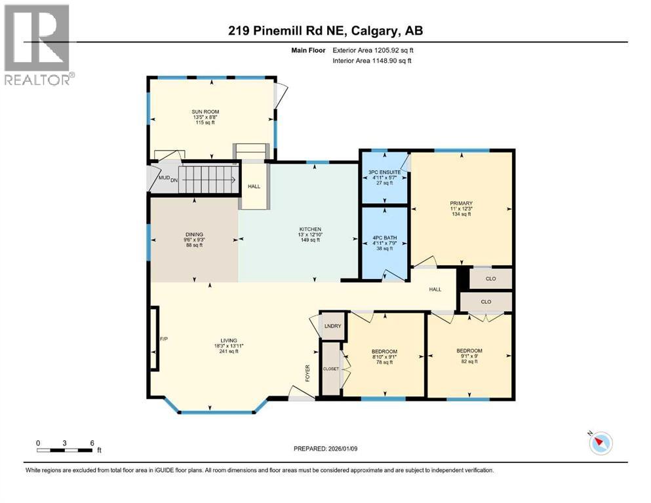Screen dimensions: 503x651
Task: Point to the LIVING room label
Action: click(x=228, y=341)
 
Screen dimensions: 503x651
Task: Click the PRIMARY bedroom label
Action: click(x=461, y=203)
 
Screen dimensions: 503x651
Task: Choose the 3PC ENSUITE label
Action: click(x=384, y=172)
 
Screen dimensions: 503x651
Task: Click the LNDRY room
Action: click(x=330, y=326)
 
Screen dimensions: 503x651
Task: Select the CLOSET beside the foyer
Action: click(x=331, y=369)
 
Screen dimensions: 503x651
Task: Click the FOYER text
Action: click(x=307, y=373)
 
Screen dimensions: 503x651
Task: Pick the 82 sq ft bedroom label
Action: click(x=469, y=351)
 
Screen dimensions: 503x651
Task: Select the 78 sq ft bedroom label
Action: click(x=384, y=352)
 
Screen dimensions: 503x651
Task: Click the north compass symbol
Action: click(x=600, y=443)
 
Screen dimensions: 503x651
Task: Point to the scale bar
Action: click(x=64, y=449)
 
